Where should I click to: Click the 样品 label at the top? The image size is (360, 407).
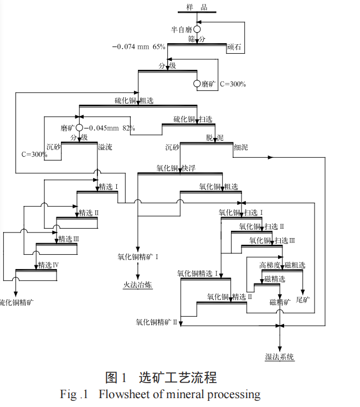pyautogui.click(x=197, y=6)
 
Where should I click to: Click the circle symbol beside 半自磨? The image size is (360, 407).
pyautogui.click(x=197, y=29)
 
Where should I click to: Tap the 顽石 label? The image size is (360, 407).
pyautogui.click(x=235, y=48)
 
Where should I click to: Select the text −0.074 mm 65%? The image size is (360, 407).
pyautogui.click(x=138, y=47)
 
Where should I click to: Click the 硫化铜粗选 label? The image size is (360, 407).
pyautogui.click(x=134, y=100)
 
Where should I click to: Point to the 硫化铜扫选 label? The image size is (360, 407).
pyautogui.click(x=192, y=119)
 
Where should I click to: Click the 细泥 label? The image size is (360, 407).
pyautogui.click(x=241, y=147)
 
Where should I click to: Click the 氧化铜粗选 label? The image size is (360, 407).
pyautogui.click(x=219, y=187)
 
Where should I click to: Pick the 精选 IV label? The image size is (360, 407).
pyautogui.click(x=48, y=265)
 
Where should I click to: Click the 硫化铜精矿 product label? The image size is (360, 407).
pyautogui.click(x=16, y=303)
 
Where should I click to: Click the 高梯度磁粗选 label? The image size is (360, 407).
pyautogui.click(x=282, y=265)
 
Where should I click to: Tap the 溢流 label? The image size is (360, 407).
pyautogui.click(x=105, y=147)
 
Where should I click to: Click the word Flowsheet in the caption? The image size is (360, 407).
pyautogui.click(x=127, y=395)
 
